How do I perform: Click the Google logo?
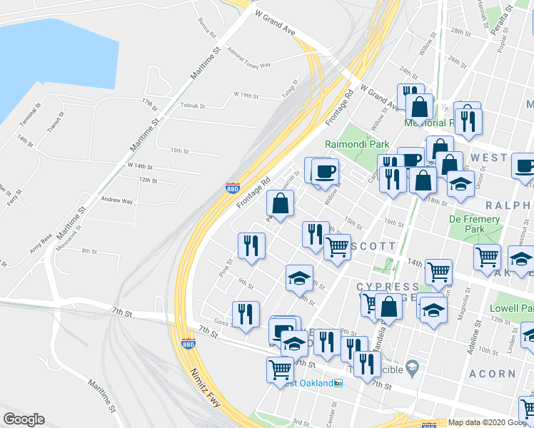24,419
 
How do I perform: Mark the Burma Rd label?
207,29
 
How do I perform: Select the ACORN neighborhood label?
493,373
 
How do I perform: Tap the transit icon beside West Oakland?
338,383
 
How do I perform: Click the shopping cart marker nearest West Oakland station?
280,369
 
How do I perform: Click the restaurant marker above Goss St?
244,313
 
